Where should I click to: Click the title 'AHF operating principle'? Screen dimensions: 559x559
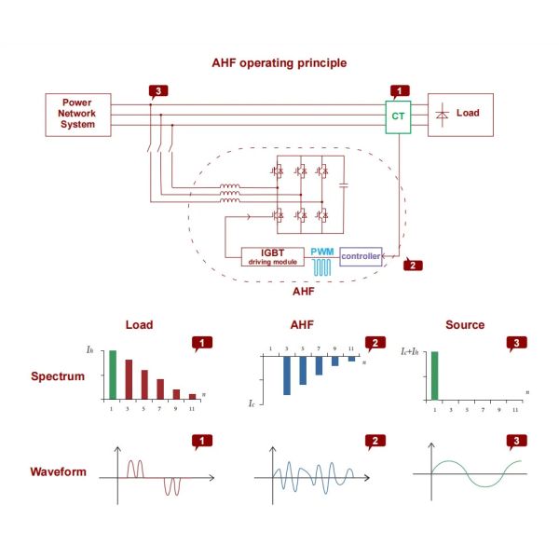(x=280, y=63)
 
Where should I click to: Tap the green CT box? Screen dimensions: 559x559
(x=398, y=116)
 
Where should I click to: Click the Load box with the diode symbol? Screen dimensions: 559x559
(x=460, y=114)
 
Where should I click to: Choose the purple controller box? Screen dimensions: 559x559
(x=361, y=255)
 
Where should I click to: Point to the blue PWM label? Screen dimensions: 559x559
(x=321, y=252)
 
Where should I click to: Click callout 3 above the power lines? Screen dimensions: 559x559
(x=159, y=91)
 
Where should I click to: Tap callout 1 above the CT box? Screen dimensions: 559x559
(x=399, y=91)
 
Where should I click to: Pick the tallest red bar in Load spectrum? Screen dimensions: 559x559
(x=129, y=379)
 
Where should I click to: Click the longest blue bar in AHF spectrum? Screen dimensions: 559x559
(x=287, y=376)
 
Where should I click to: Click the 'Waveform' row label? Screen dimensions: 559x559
(x=58, y=471)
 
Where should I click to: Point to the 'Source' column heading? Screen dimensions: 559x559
(x=465, y=324)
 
